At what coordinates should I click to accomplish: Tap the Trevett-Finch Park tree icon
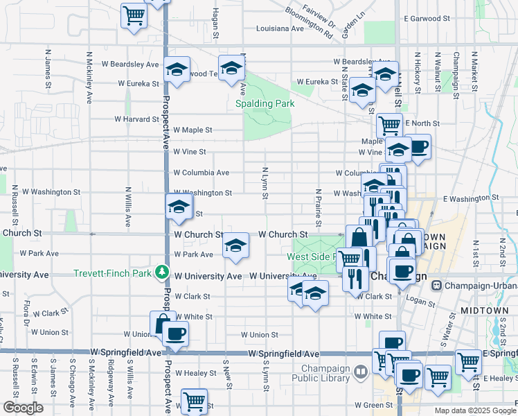click(161, 272)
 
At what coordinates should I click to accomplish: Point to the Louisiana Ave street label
click(280, 29)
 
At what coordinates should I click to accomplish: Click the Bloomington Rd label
click(307, 24)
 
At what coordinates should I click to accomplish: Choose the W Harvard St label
click(137, 119)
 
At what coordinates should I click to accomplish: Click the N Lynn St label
click(265, 182)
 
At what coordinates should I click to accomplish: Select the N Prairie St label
click(318, 207)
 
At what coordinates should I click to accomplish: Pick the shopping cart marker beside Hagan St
click(133, 15)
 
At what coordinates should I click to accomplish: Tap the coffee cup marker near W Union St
click(175, 333)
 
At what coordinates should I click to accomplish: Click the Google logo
click(23, 407)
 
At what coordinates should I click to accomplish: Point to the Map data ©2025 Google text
click(474, 410)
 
